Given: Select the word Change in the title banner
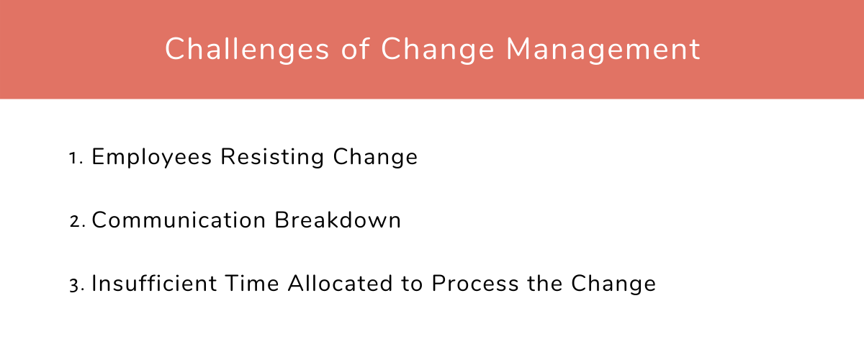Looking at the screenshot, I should point(436,50).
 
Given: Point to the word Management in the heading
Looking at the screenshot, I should point(603,50).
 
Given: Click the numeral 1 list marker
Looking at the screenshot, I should point(74,158).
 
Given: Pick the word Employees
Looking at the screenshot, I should point(152,158).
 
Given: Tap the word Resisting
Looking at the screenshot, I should point(273,158).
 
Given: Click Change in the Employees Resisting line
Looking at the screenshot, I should point(376,158).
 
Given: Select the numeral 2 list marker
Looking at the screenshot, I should point(76,221).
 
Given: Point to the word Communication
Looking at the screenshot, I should point(179,220).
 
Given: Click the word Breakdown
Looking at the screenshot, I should point(338,220).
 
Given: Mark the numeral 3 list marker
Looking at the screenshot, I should point(75,284).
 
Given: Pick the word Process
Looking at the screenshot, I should point(474,283).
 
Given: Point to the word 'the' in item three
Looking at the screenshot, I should point(544,283).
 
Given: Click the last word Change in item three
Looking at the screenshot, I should point(613,283).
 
